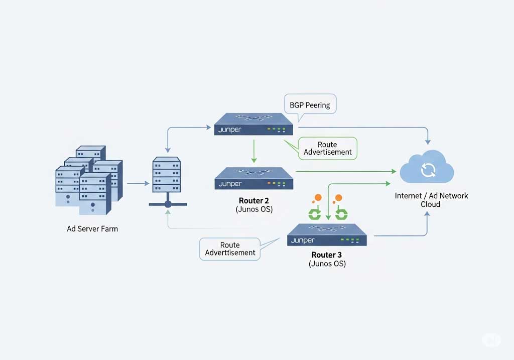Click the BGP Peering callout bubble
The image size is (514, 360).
tap(310, 105)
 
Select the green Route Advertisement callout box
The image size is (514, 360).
tap(327, 149)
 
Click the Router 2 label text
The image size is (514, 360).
tap(254, 200)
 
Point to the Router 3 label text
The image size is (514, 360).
tap(327, 255)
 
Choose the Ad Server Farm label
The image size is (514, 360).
tap(92, 229)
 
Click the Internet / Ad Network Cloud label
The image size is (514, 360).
tap(431, 200)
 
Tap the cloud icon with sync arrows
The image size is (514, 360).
tap(427, 169)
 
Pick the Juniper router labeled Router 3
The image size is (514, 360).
tap(327, 234)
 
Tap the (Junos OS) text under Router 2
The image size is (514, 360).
tap(254, 209)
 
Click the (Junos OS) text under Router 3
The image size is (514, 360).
tap(327, 264)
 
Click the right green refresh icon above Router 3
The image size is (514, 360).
tap(341, 214)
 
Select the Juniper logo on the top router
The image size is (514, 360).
tap(230, 130)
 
